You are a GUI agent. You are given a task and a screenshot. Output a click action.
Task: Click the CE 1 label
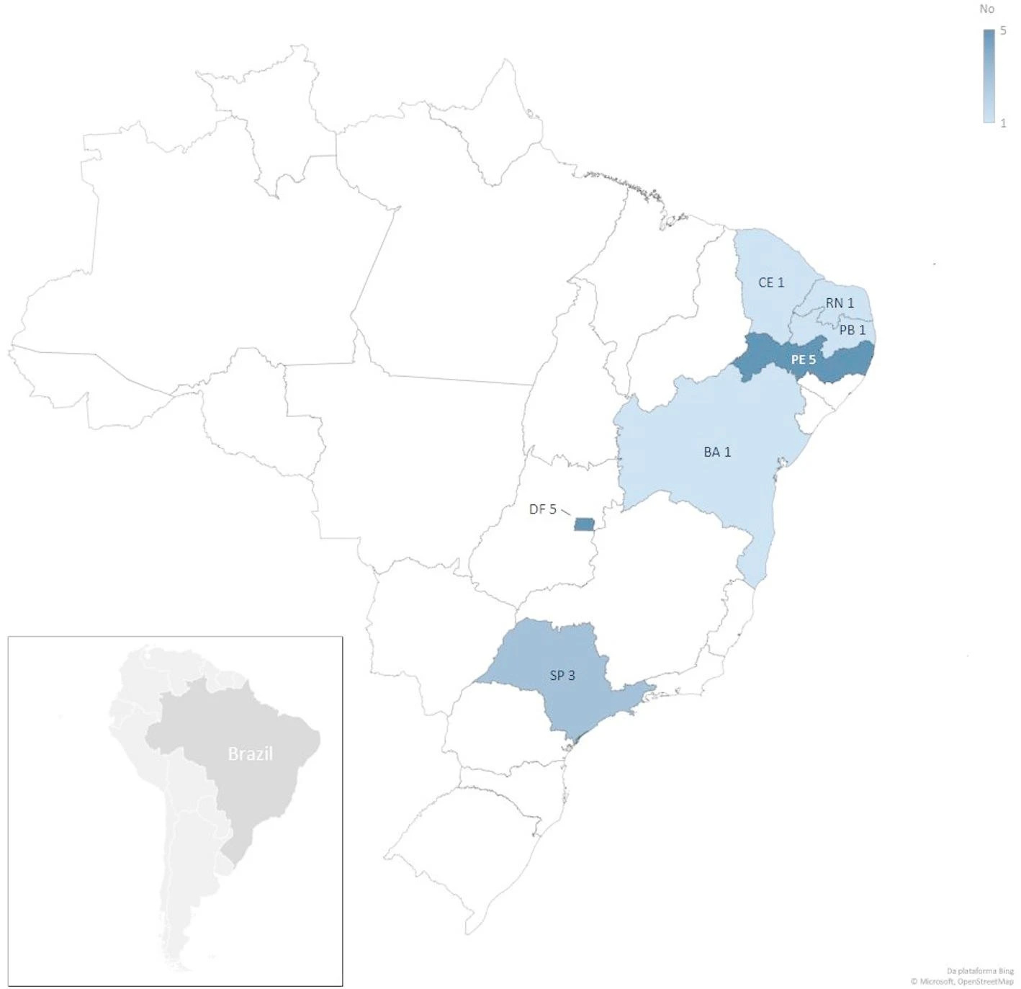770,282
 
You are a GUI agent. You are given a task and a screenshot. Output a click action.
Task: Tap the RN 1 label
840,303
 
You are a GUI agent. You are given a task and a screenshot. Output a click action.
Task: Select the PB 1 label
852,330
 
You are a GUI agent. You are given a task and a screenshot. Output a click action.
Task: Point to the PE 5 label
803,359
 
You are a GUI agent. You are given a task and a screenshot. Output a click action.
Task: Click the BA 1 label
716,452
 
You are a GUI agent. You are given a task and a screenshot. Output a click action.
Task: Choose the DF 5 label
542,509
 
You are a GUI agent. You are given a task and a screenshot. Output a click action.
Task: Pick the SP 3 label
562,675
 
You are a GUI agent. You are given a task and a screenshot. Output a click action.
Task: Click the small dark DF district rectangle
584,524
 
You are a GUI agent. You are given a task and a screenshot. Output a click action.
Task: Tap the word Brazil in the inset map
250,753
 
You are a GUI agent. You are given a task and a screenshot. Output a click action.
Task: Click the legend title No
986,9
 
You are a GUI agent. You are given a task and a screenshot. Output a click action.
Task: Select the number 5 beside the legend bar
1003,31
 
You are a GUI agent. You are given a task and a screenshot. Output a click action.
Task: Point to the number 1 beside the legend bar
1003,123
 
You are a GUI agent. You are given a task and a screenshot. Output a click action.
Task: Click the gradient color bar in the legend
989,76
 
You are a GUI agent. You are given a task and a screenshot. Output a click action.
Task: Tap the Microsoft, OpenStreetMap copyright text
961,981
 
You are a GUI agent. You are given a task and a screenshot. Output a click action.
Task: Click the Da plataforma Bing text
980,971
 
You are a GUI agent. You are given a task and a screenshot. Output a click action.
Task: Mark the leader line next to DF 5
566,511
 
